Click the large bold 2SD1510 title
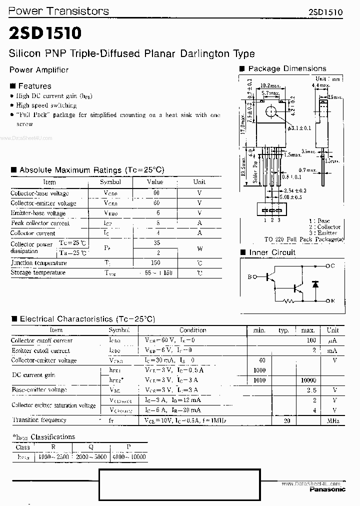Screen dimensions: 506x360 tap(45, 33)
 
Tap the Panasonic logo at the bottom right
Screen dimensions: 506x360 tap(327, 489)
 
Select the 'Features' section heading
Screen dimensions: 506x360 tap(34, 86)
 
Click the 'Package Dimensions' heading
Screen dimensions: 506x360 tap(286, 68)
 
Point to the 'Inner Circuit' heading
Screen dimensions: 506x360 tap(272, 252)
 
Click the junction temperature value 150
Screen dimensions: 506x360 tap(155, 262)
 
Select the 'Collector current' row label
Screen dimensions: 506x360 tap(33, 233)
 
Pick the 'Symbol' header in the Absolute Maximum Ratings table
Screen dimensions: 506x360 tap(110, 182)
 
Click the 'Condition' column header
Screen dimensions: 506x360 tap(192, 330)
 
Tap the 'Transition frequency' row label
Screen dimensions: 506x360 tap(39, 420)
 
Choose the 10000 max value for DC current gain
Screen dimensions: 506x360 tap(308, 380)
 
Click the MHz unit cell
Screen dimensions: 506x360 tap(333, 421)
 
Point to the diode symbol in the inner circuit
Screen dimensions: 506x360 tap(315, 284)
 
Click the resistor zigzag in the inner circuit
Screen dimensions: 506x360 tap(288, 301)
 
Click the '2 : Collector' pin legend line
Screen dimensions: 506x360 tap(325, 227)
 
